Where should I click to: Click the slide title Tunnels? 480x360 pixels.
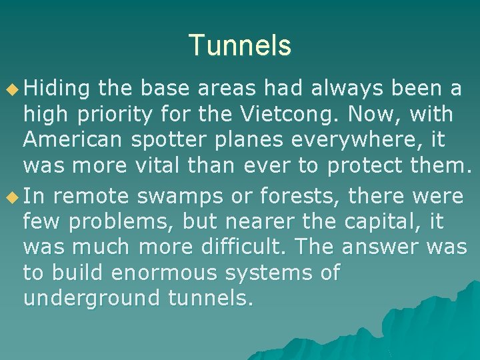[240, 46]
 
